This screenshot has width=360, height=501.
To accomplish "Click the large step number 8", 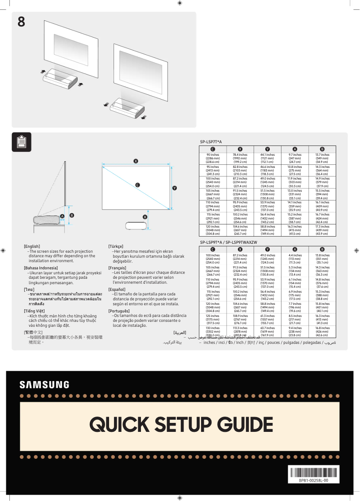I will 21,22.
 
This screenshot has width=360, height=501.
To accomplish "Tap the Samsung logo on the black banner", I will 44,385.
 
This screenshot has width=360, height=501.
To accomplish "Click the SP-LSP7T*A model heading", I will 211,142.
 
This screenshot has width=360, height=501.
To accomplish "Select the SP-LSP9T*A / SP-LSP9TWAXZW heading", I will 228,242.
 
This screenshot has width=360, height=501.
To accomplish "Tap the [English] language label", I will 32,246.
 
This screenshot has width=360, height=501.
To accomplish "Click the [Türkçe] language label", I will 116,246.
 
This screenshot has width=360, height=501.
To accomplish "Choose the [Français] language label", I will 117,268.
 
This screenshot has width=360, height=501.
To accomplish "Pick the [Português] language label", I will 119,311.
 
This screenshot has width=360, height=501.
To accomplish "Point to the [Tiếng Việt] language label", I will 34,311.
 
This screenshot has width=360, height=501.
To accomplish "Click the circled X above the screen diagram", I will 136,161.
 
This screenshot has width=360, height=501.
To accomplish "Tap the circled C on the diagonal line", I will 137,185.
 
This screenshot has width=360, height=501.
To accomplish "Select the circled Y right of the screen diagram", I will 175,188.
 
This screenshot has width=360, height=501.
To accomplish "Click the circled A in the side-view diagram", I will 62,216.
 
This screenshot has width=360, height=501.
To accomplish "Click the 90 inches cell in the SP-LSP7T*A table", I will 213,158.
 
